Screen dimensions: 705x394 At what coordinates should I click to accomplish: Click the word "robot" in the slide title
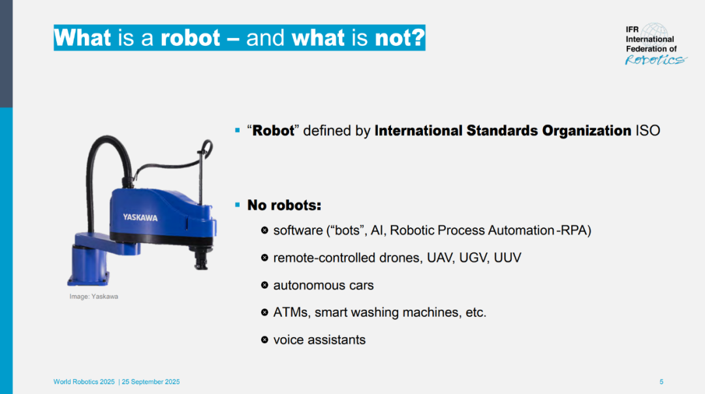(190, 38)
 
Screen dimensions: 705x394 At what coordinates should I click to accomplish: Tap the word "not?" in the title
(399, 38)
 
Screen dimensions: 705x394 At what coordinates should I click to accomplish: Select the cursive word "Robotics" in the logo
(655, 60)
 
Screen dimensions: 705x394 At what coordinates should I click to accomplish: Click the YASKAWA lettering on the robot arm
(140, 218)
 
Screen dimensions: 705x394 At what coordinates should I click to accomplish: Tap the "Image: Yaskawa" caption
(93, 296)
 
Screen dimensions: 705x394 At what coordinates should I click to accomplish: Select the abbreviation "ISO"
(648, 131)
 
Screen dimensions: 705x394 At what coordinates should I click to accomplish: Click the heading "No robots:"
(284, 205)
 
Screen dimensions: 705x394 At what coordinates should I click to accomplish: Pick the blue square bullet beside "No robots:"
(238, 205)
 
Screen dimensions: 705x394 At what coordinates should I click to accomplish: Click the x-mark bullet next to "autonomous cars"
(264, 285)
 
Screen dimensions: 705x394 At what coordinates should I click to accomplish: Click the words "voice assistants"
(319, 340)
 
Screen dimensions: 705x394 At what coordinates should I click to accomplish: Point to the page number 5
(661, 382)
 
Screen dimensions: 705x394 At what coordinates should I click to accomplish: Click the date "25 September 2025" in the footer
(151, 382)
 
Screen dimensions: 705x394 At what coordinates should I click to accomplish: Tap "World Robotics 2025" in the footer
(84, 382)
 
